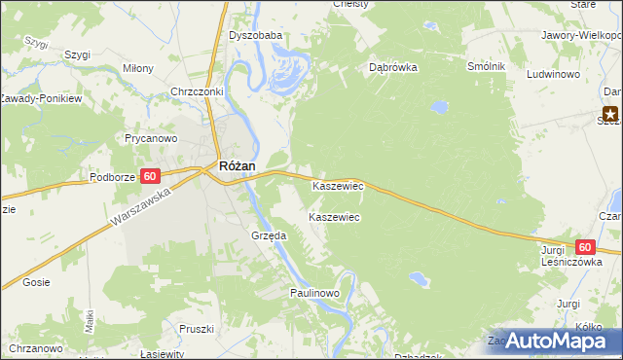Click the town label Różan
[x=237, y=166]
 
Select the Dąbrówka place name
[x=393, y=68]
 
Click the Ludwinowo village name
[x=553, y=74]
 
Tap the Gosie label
[x=35, y=282]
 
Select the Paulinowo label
[x=313, y=293]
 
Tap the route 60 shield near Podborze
[x=149, y=176]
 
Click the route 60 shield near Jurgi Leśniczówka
[x=584, y=248]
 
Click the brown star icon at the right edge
[x=611, y=113]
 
